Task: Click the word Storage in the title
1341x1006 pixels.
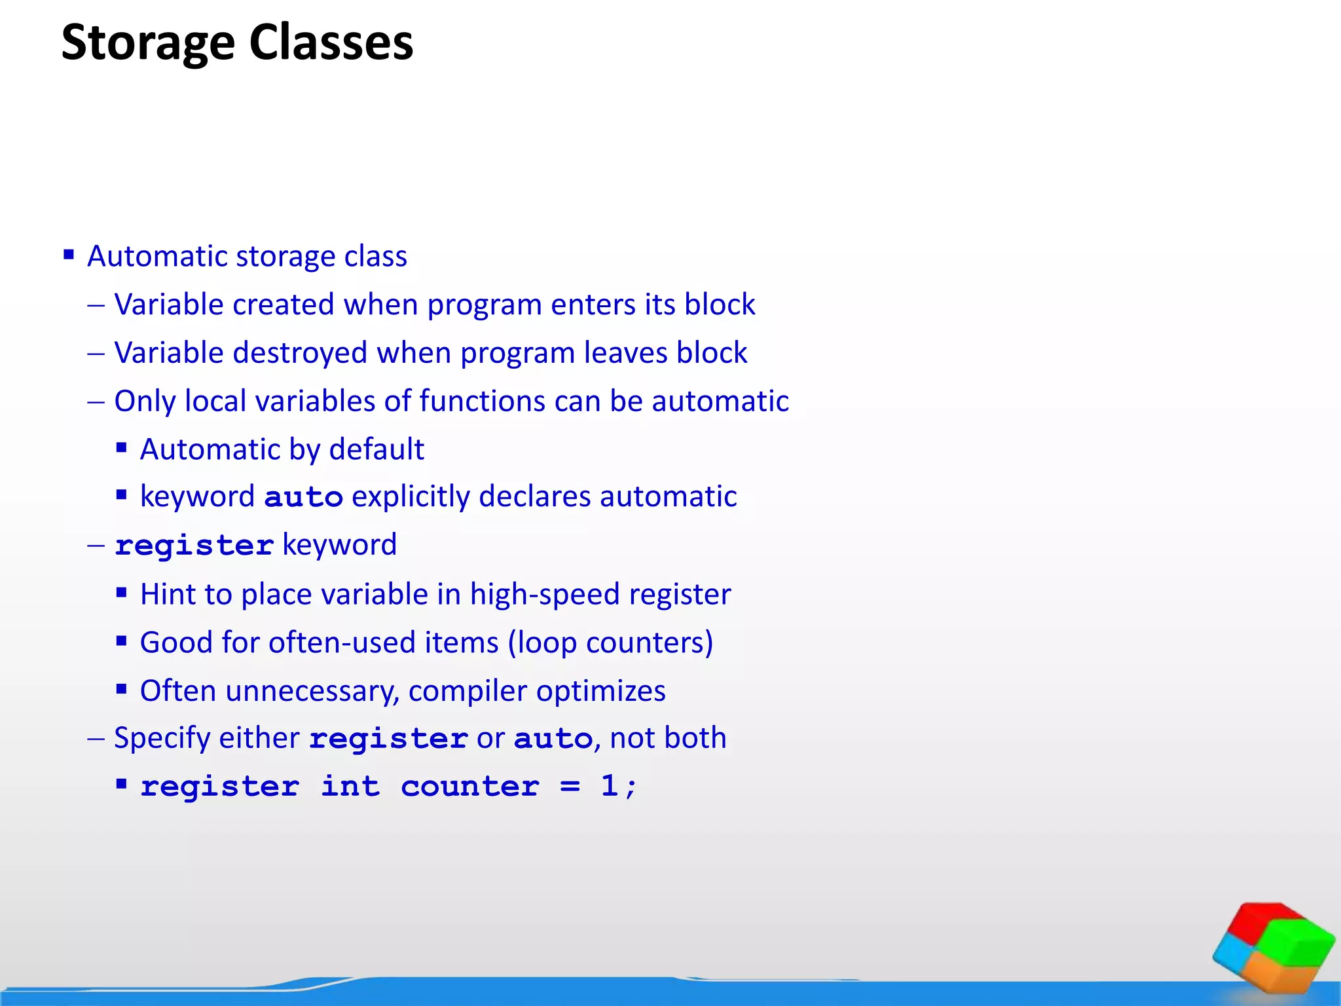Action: click(148, 43)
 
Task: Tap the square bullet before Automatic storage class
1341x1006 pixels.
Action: click(69, 254)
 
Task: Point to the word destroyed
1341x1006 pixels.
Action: click(300, 353)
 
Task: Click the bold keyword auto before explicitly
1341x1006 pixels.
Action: click(303, 497)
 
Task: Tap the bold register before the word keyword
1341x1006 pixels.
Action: click(194, 546)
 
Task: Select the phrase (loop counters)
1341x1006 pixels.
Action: click(610, 643)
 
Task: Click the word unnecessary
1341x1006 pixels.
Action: click(312, 691)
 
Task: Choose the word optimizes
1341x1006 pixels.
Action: click(600, 691)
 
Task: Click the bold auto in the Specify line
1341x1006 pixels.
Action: click(553, 739)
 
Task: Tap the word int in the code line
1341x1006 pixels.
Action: click(350, 786)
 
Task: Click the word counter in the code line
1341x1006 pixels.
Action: click(470, 786)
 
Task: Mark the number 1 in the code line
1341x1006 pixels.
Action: click(609, 785)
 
